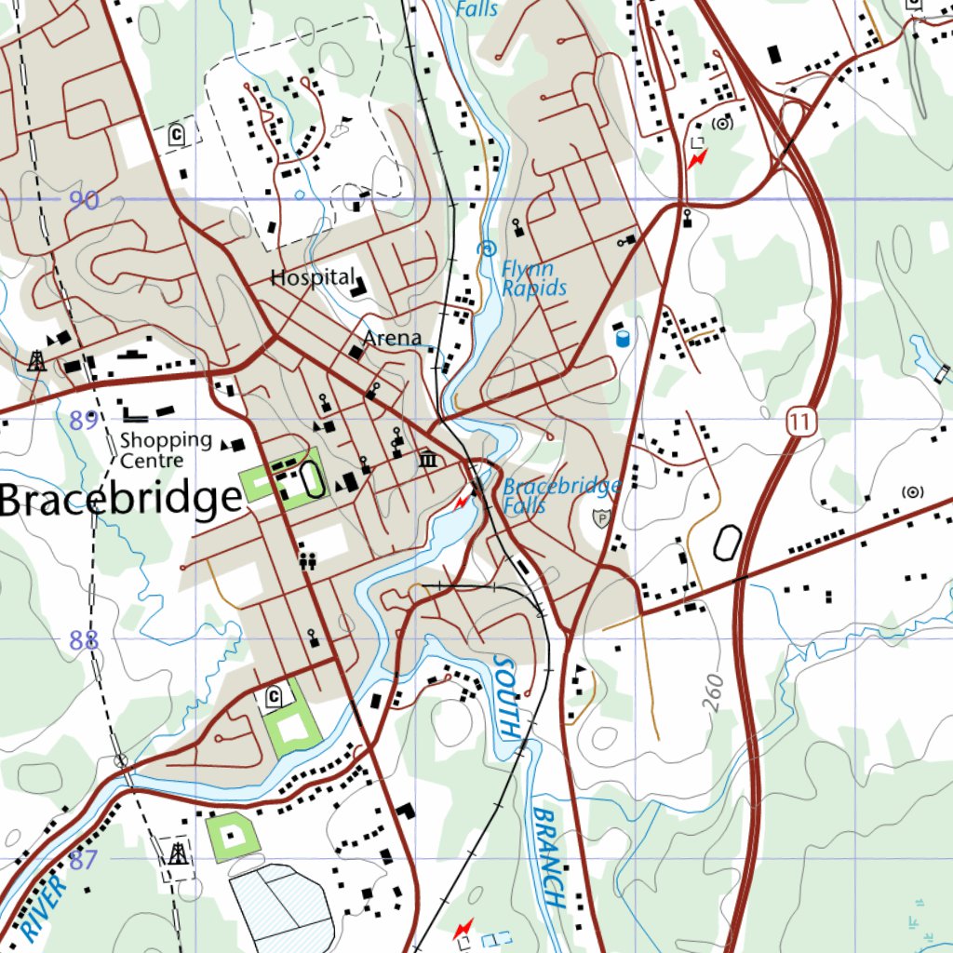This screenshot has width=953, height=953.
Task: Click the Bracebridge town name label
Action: (121, 500)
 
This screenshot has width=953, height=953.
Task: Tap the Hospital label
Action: (312, 277)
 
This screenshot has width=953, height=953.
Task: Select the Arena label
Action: (392, 339)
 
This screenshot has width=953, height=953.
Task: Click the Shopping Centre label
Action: (166, 450)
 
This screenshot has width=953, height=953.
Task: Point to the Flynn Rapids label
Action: (533, 279)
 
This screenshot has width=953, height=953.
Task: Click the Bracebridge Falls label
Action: (561, 497)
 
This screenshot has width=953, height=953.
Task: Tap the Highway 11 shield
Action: (799, 421)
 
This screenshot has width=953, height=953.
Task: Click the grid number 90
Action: (84, 200)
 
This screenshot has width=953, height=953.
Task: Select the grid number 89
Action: (84, 421)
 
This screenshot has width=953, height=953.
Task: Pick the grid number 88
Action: (84, 640)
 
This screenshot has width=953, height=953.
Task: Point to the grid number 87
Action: (84, 860)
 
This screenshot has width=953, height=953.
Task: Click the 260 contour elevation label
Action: (714, 693)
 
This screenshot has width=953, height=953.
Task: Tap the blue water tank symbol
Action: (623, 338)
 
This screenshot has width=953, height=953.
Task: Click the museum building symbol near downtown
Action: (427, 459)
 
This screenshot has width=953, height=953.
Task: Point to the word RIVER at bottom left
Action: (44, 907)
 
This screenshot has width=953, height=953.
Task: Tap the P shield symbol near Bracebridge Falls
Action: (601, 517)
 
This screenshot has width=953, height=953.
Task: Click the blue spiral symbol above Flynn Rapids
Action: (486, 248)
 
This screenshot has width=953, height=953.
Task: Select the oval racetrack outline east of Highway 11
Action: (728, 543)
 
